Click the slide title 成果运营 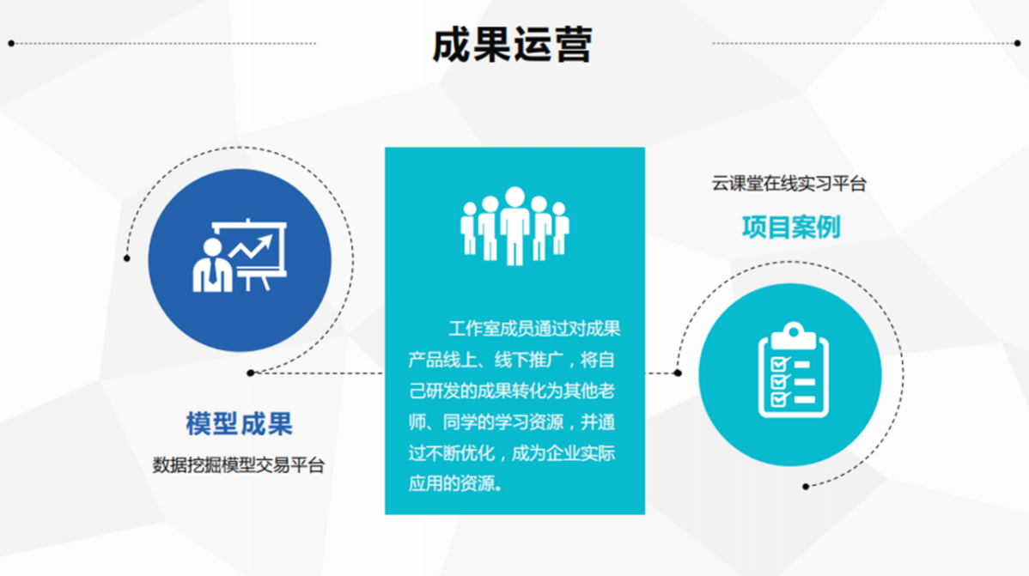pyautogui.click(x=512, y=45)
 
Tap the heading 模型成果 pyautogui.click(x=239, y=424)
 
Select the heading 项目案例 pyautogui.click(x=791, y=227)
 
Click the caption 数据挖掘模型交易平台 pyautogui.click(x=239, y=465)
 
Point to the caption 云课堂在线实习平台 pyautogui.click(x=789, y=184)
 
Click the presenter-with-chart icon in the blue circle pyautogui.click(x=240, y=256)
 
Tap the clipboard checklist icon pyautogui.click(x=794, y=370)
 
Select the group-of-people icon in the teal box pyautogui.click(x=514, y=226)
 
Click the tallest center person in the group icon pyautogui.click(x=514, y=226)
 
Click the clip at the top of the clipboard pyautogui.click(x=794, y=336)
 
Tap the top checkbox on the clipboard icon pyautogui.click(x=780, y=363)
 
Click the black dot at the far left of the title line pyautogui.click(x=11, y=43)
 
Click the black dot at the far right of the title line pyautogui.click(x=1017, y=43)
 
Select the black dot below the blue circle pyautogui.click(x=251, y=373)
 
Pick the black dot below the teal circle pyautogui.click(x=806, y=486)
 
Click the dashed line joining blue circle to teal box pyautogui.click(x=318, y=373)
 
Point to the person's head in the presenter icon pyautogui.click(x=213, y=248)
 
